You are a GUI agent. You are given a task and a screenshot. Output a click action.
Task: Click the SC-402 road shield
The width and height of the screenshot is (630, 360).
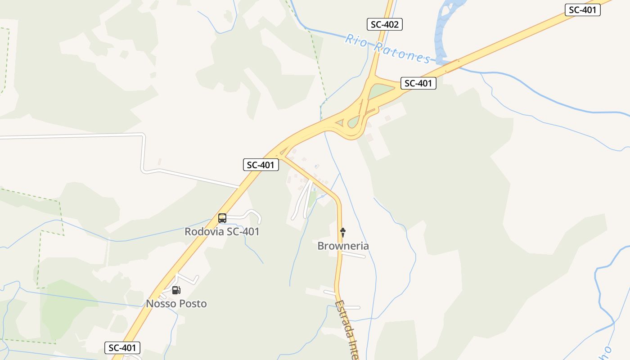point(384,24)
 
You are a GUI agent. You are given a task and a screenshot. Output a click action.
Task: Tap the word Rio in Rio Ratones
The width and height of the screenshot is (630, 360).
point(355,41)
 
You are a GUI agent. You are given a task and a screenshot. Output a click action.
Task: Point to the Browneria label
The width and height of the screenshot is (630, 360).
point(343,246)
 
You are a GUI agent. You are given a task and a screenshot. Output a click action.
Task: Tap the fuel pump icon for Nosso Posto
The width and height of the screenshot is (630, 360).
point(176,290)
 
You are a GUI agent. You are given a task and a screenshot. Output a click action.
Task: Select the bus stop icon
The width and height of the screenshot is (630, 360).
point(222,218)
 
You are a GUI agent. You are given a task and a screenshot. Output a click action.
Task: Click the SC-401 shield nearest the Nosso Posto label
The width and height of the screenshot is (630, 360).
point(122,348)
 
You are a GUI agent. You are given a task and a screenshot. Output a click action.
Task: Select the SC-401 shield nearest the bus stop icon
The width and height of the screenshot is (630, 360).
point(261,165)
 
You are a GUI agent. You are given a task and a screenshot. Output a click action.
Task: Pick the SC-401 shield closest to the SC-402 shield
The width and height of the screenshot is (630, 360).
point(418,83)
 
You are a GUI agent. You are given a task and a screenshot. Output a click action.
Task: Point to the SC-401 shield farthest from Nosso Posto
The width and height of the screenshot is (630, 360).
point(582,10)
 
